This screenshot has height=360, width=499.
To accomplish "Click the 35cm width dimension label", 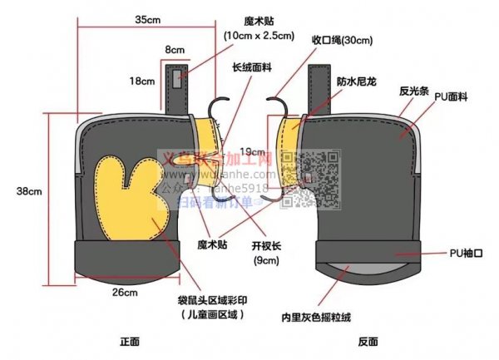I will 147,18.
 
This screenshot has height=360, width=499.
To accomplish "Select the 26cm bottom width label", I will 125,292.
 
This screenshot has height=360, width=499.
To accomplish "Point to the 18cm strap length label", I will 141,81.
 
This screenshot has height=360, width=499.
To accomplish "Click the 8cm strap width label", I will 175,50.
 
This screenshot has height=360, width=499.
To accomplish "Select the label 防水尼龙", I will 355,81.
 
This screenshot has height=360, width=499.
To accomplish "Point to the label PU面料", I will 448,97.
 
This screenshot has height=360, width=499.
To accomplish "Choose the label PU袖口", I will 466,251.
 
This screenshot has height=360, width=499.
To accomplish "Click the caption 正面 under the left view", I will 129,341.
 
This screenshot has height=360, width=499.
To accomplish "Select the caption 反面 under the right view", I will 368,341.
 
